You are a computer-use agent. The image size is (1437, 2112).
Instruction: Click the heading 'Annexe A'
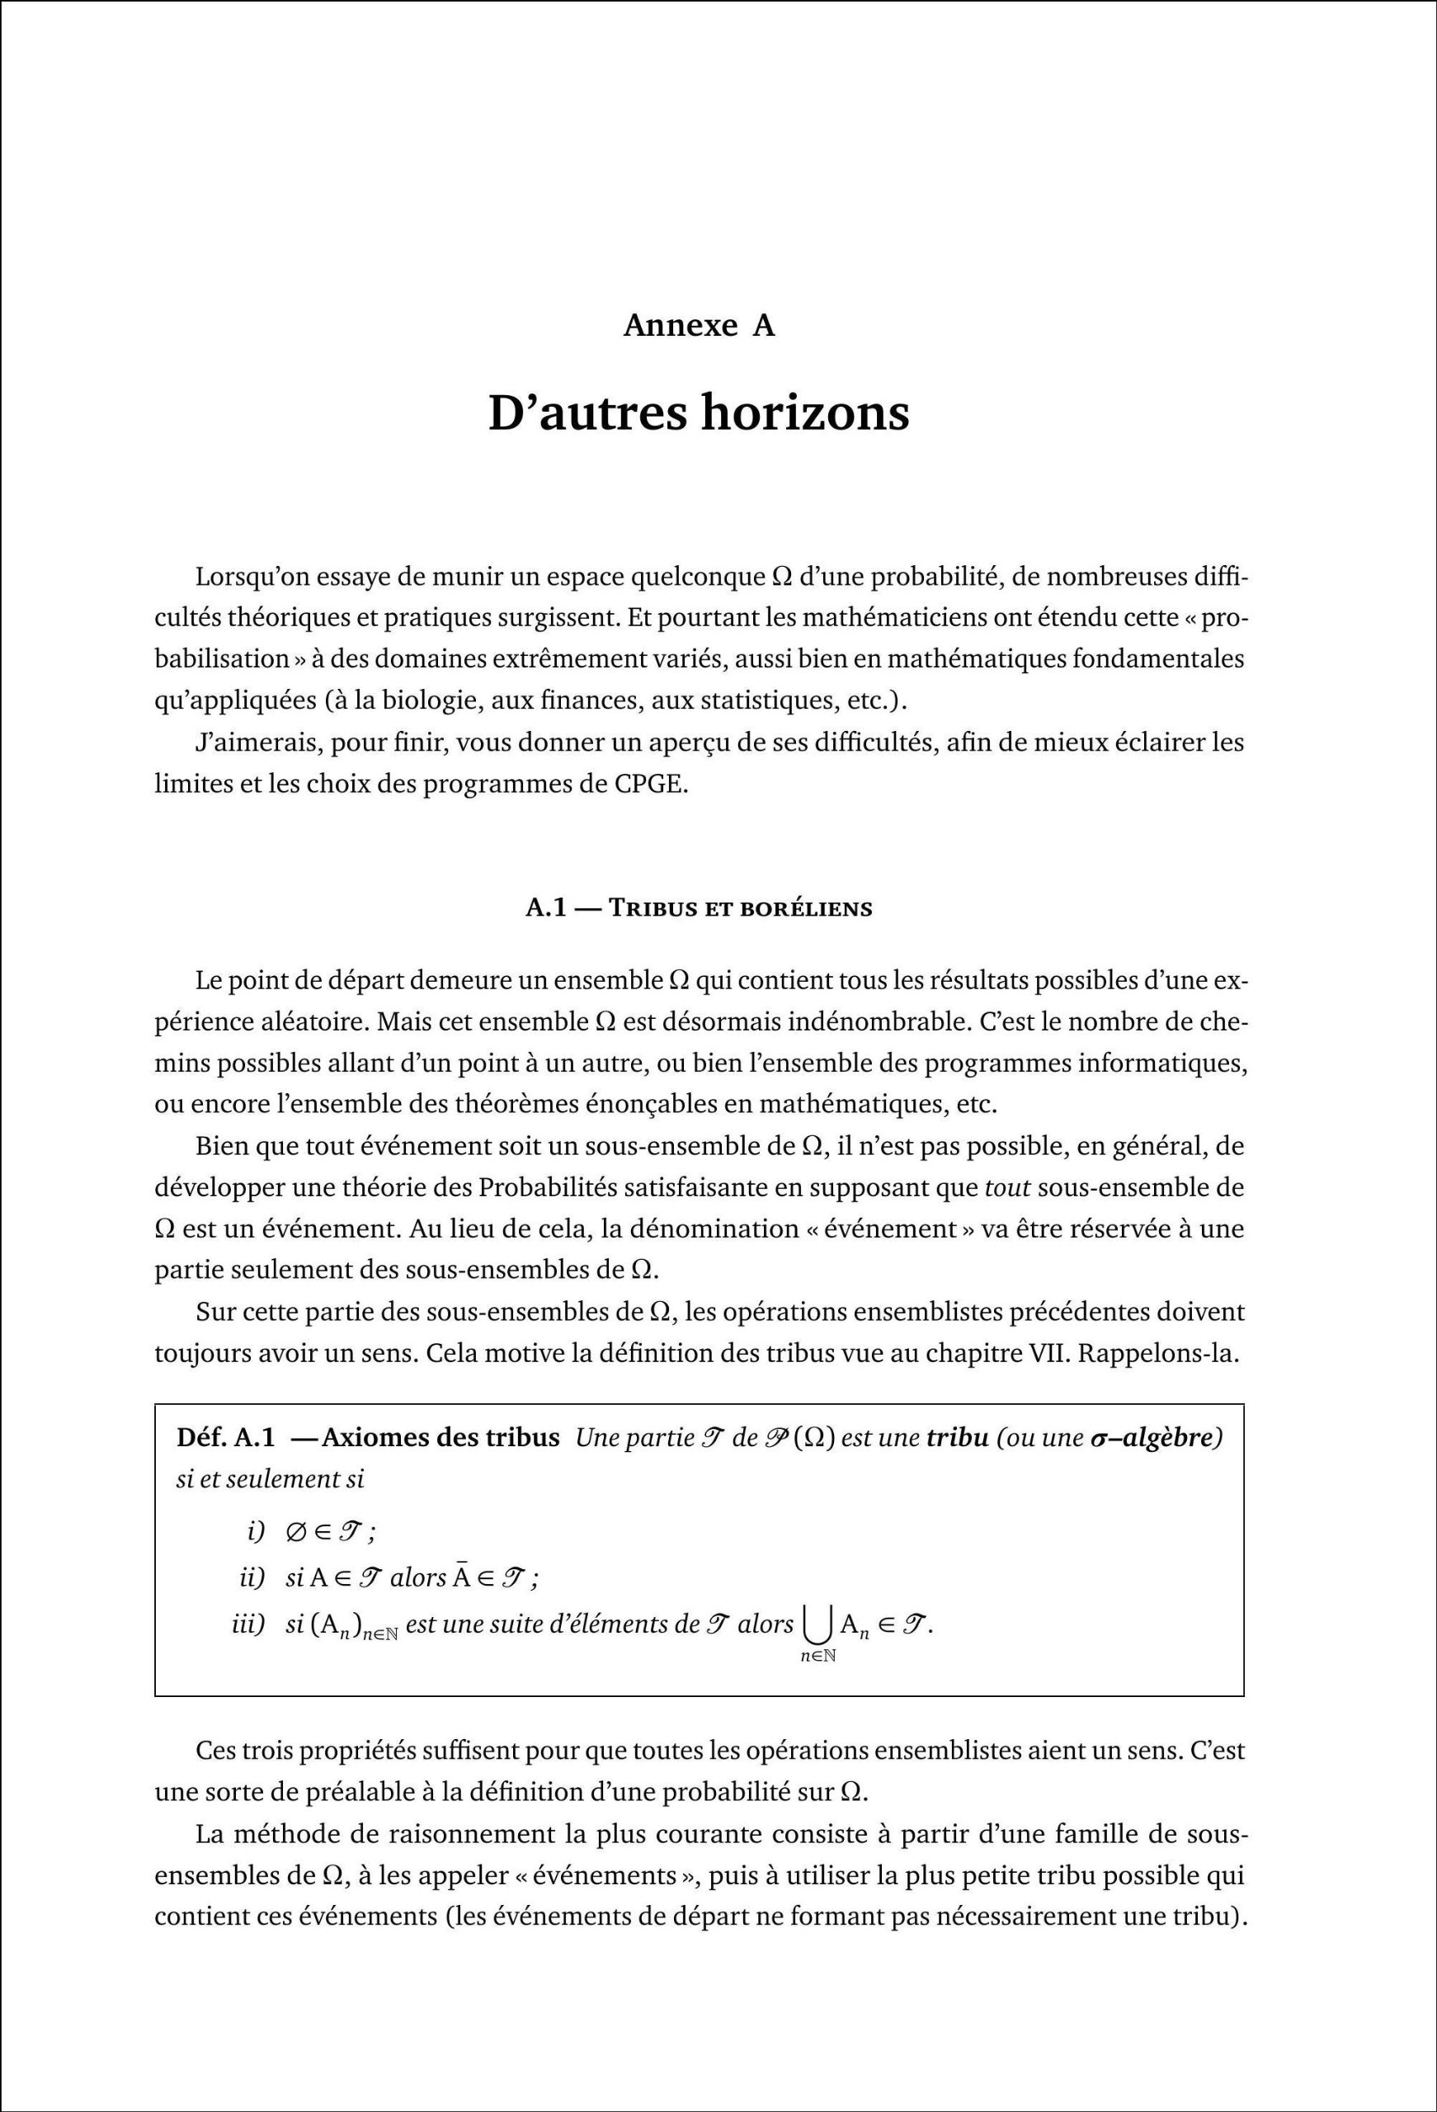699,325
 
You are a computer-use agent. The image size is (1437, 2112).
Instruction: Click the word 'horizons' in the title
804,413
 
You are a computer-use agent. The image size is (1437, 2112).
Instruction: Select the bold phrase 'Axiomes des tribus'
441,1439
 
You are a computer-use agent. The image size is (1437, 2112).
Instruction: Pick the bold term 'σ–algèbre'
1154,1439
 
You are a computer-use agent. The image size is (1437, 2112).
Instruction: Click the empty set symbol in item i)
296,1531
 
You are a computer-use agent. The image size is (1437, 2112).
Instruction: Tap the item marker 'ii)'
251,1577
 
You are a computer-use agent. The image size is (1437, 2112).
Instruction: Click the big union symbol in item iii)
817,1627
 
